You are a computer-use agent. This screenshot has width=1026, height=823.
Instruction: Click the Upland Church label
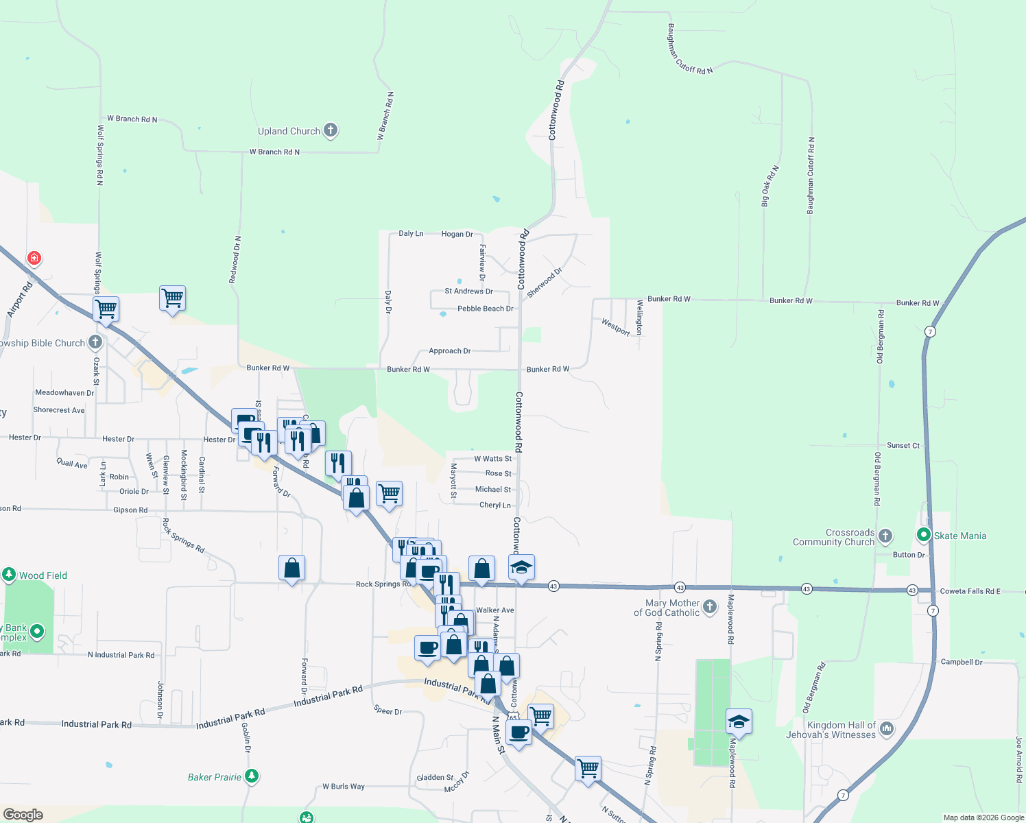point(289,131)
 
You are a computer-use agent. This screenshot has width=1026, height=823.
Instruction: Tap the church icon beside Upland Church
point(331,130)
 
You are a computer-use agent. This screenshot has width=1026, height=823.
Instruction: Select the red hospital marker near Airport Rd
point(34,258)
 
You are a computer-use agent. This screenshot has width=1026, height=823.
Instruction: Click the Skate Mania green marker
point(924,535)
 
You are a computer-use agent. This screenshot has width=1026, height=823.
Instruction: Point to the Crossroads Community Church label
point(833,537)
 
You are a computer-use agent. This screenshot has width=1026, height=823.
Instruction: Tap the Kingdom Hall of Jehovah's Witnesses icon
point(886,728)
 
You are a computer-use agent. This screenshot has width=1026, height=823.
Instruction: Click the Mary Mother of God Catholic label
point(667,608)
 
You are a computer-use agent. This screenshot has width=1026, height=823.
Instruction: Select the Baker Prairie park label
point(215,777)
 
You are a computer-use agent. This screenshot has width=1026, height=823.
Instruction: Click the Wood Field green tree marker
point(9,575)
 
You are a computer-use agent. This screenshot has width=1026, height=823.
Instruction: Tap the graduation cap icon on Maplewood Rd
point(739,721)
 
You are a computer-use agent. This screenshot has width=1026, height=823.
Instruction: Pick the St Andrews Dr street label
point(468,291)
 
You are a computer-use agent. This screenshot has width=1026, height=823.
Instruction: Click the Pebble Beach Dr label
point(485,309)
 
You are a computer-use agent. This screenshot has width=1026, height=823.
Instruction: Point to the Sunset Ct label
point(903,445)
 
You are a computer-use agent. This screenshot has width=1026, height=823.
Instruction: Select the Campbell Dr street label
point(961,662)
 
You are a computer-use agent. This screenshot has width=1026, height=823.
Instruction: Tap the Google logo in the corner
point(23,814)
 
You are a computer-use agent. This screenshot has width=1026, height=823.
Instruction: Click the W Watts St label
point(492,459)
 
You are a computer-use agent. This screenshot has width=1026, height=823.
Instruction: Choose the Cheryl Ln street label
point(494,505)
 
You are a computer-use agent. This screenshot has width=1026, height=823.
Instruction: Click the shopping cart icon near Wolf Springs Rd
point(106,309)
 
